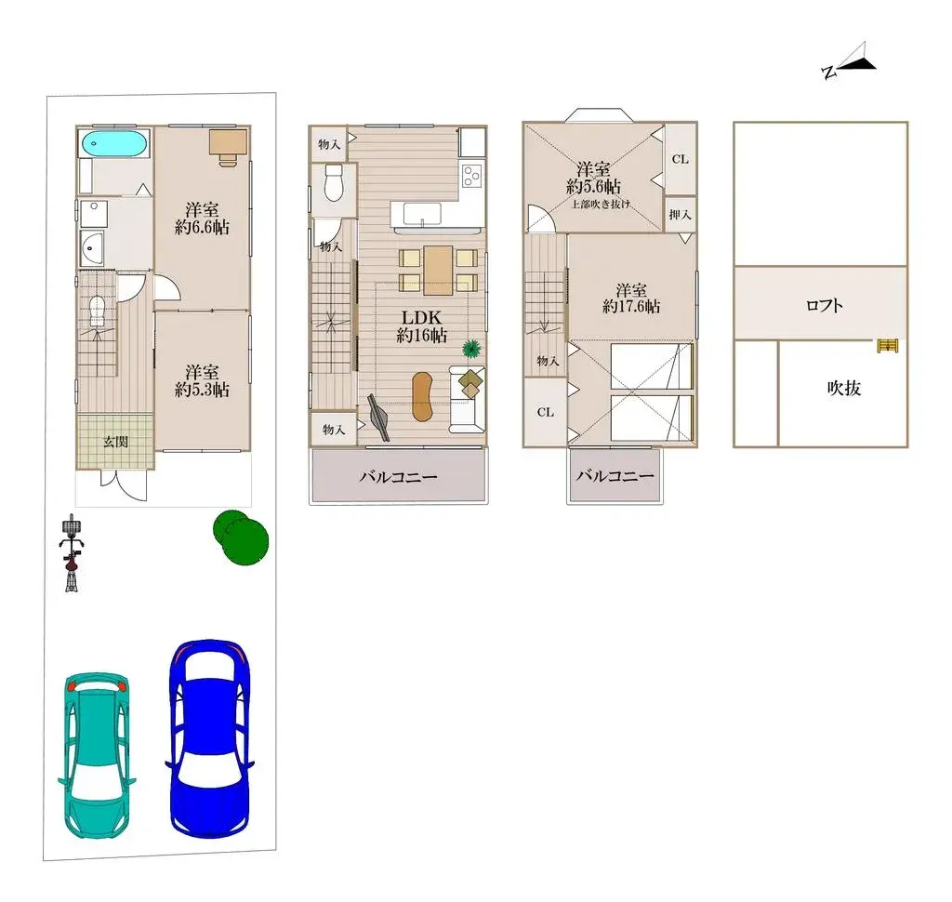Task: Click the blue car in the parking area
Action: (x=208, y=736)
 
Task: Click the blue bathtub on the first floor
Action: (x=112, y=144)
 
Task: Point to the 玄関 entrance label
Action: (x=114, y=442)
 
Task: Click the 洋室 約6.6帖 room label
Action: (x=202, y=218)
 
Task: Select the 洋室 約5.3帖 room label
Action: (x=202, y=380)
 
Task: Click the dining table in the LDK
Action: (x=438, y=269)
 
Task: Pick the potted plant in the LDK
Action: (x=471, y=350)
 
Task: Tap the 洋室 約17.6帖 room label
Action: (x=631, y=298)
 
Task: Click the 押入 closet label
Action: (x=681, y=214)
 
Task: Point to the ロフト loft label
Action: (x=825, y=304)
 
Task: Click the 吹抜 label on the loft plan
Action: (x=843, y=389)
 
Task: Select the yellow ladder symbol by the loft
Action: (x=888, y=346)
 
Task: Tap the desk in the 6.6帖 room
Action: (x=227, y=145)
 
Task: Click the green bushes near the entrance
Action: (x=242, y=537)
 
